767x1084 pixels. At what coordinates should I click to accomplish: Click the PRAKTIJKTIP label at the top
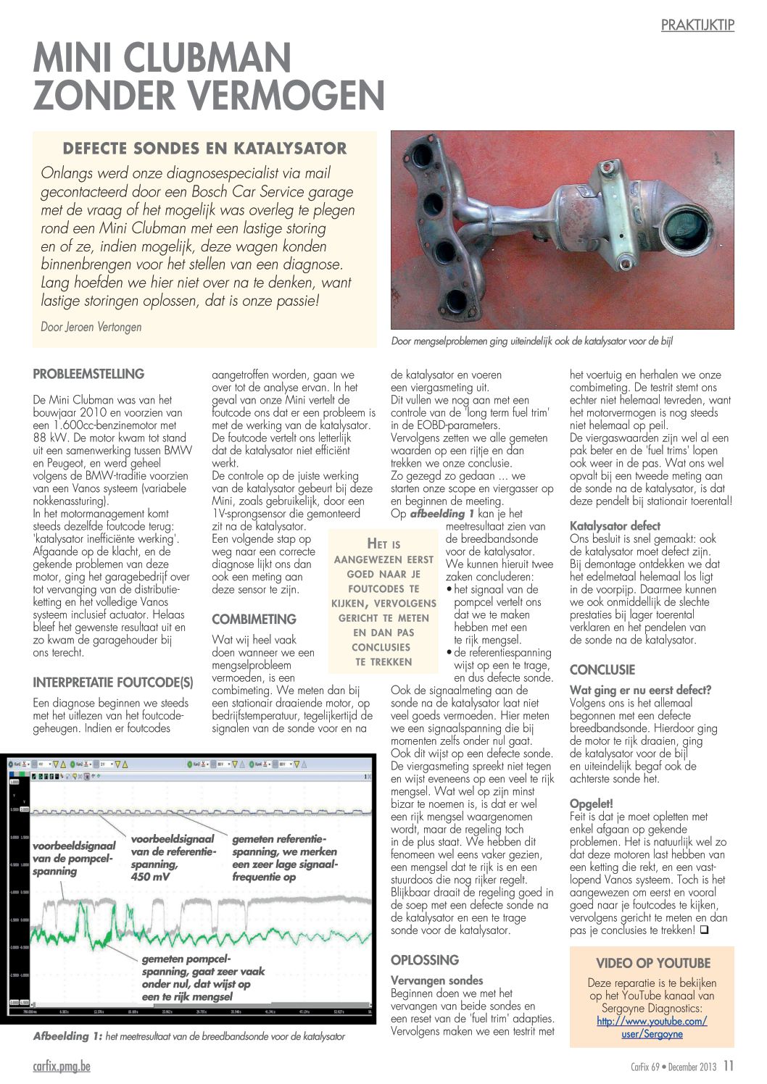click(697, 25)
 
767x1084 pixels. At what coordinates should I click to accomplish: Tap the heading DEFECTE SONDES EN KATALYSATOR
click(204, 149)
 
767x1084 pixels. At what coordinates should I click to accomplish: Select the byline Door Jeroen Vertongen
click(91, 327)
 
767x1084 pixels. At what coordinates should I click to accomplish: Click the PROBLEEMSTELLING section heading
click(88, 375)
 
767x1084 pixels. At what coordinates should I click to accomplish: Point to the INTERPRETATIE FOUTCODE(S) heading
click(113, 682)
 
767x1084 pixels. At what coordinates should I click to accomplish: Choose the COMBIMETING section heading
click(254, 620)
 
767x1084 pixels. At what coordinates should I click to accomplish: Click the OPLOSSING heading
click(425, 960)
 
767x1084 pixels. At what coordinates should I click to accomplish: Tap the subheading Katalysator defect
click(615, 525)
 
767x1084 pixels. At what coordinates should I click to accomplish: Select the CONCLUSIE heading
click(602, 670)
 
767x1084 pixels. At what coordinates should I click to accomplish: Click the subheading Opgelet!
click(591, 804)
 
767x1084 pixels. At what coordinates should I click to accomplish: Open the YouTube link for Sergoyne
click(652, 1027)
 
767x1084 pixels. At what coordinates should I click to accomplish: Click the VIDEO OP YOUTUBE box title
click(652, 963)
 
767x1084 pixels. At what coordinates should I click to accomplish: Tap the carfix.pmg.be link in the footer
click(62, 1066)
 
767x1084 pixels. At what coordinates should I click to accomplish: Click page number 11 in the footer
click(729, 1066)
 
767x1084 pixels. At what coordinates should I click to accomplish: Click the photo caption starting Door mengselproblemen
click(531, 341)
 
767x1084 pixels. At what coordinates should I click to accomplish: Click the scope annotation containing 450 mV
click(173, 858)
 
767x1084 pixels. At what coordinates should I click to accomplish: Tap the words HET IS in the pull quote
click(383, 544)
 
